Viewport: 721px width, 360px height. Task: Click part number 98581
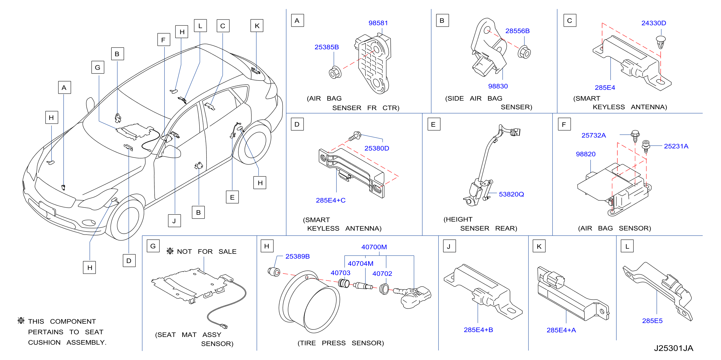click(378, 23)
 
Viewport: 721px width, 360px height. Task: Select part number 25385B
click(327, 47)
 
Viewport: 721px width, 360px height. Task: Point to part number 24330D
click(654, 23)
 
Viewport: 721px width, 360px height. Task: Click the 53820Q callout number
click(511, 194)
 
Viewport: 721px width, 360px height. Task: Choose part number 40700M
click(374, 247)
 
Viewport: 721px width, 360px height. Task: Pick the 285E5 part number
click(652, 320)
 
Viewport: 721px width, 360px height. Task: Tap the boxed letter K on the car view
click(257, 26)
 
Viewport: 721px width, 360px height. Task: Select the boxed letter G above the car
click(98, 67)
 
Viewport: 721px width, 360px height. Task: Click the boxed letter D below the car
click(129, 261)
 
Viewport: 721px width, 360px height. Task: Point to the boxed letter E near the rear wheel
click(232, 197)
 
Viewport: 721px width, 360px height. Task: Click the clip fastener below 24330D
click(661, 42)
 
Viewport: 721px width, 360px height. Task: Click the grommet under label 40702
click(384, 289)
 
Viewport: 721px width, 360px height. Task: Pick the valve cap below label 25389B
click(274, 272)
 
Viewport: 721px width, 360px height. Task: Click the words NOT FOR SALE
click(207, 252)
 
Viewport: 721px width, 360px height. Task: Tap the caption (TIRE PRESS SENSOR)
click(341, 343)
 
